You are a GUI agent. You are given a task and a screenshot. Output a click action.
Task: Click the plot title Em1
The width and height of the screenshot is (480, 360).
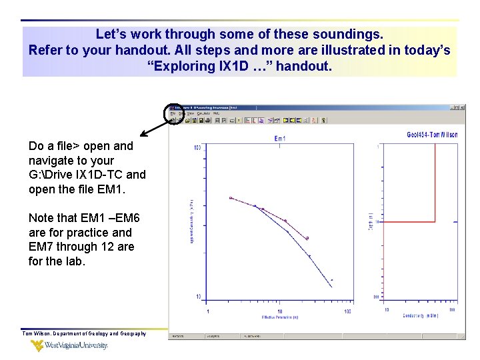coord(280,139)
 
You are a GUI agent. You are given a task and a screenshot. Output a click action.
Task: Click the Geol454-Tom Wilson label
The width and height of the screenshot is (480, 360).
coord(431,135)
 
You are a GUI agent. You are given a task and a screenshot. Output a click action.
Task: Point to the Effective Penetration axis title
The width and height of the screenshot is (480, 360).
coord(279,318)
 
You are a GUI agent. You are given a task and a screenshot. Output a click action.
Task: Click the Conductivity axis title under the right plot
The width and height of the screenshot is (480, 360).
coord(419,317)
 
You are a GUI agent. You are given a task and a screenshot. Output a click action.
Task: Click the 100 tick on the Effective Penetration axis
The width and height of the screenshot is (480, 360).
coord(347,311)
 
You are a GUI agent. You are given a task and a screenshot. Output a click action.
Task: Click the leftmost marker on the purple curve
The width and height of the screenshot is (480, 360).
coord(231,198)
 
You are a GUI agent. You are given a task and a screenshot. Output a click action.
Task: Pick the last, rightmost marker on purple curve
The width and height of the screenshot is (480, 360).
coord(307,238)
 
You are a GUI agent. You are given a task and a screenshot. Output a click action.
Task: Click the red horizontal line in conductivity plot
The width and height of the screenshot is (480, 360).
coord(410,222)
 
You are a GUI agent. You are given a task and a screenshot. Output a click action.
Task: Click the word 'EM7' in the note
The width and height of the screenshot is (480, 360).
coord(41,247)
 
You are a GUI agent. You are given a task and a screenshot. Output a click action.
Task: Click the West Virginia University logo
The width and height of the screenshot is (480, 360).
coord(69,345)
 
